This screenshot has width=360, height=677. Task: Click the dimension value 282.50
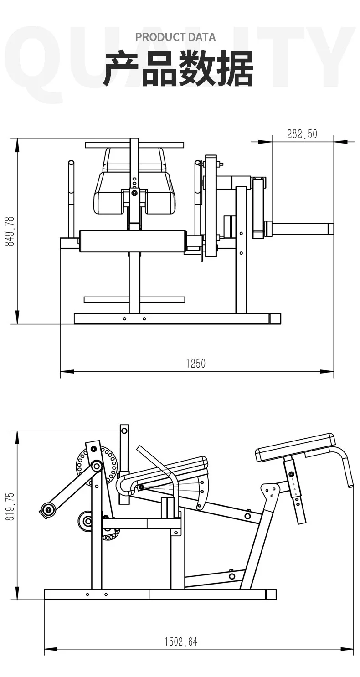[302, 134]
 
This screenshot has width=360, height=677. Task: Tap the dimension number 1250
[196, 364]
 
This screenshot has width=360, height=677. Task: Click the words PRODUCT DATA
[175, 37]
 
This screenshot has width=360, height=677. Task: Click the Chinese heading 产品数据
[178, 69]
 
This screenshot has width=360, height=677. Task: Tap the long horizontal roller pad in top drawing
[133, 241]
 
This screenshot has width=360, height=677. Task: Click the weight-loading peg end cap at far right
[331, 229]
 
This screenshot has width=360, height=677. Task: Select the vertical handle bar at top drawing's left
[72, 199]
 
